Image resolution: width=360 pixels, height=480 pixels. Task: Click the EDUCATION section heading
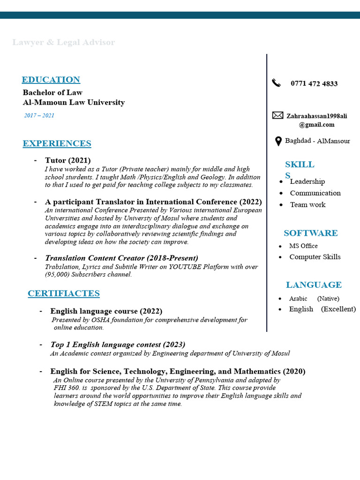(51, 80)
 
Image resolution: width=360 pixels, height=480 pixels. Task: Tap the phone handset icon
(276, 83)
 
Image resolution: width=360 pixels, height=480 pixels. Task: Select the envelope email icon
(277, 115)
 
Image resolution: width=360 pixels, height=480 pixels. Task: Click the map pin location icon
(278, 141)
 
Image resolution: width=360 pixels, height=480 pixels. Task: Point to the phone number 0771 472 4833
(314, 84)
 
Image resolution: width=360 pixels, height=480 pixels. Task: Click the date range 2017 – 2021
(39, 115)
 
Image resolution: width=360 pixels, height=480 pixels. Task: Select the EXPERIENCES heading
(57, 143)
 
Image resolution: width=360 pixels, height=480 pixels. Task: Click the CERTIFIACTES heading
(63, 293)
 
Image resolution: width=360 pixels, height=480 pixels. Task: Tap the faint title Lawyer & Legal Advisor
(63, 43)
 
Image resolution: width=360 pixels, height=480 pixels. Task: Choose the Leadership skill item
(307, 181)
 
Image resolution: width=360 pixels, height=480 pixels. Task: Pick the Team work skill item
(307, 204)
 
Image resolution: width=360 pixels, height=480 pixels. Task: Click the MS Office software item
(303, 246)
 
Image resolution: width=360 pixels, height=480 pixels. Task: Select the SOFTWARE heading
(310, 233)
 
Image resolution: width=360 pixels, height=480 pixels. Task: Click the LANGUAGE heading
(314, 285)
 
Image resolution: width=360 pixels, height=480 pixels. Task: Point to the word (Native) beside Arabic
(328, 299)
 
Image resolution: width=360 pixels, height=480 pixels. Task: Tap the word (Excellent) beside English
(338, 309)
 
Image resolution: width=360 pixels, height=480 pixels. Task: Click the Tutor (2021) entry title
(67, 160)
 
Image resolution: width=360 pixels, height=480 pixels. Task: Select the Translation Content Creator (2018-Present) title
(121, 258)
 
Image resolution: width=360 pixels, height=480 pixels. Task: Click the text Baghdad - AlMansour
(317, 141)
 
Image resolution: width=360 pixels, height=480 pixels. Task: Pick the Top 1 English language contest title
(118, 345)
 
